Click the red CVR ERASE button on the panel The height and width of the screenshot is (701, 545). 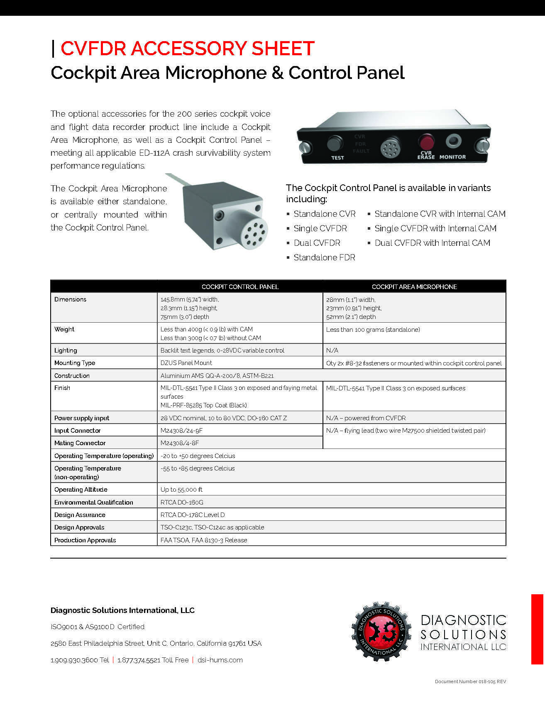tap(426, 142)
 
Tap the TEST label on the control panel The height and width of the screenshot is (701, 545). tap(337, 158)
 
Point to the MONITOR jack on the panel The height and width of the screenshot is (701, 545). tap(453, 141)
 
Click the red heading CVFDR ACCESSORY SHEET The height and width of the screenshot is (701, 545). tap(188, 49)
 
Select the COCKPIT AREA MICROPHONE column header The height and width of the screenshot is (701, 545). tap(414, 287)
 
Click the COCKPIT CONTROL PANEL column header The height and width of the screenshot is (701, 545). tap(240, 287)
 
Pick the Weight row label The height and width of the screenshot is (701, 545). tap(64, 329)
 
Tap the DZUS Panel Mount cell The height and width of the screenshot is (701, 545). tap(186, 363)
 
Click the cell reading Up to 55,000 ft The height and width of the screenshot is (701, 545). tap(181, 490)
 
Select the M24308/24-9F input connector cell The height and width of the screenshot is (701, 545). tap(181, 431)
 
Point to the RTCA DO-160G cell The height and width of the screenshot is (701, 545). tap(182, 502)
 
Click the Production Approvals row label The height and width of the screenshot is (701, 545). tap(85, 540)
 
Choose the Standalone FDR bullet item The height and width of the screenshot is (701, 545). tap(324, 257)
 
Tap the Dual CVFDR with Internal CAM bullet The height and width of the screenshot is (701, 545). tap(432, 243)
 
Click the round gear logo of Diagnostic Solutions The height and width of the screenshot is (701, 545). tap(381, 631)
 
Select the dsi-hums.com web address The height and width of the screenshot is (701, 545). tap(220, 660)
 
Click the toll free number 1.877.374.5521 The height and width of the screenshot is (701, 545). tap(139, 660)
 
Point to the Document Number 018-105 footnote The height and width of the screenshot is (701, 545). tap(470, 681)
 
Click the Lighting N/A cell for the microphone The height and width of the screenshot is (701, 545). tap(332, 350)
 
